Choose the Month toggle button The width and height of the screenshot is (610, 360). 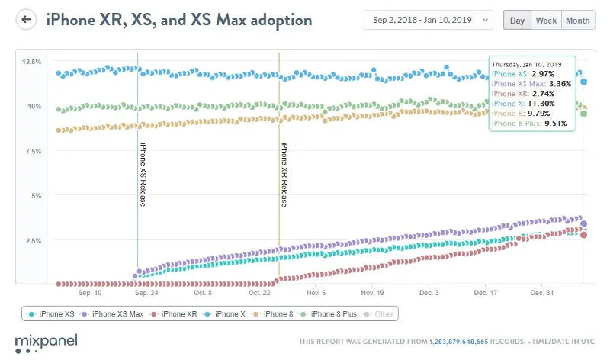click(577, 21)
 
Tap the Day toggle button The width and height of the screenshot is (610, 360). click(516, 21)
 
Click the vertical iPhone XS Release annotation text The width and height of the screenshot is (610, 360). click(143, 174)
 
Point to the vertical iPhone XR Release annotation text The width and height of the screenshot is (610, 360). click(284, 174)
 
